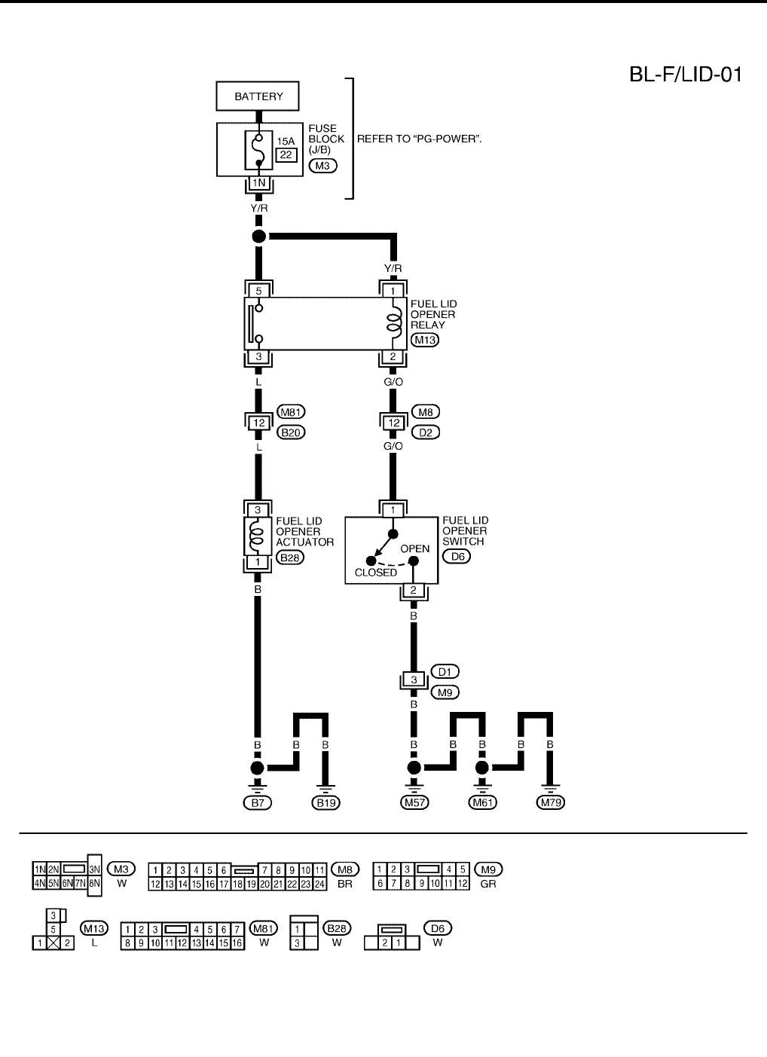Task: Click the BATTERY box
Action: (x=258, y=96)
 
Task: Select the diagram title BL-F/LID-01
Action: (x=686, y=75)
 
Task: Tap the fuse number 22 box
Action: (x=286, y=154)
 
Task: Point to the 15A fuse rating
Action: (x=286, y=141)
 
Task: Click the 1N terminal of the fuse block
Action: (x=258, y=183)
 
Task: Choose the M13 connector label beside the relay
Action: (x=426, y=340)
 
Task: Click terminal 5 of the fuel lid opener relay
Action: (x=258, y=289)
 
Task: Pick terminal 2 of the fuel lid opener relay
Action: (x=393, y=357)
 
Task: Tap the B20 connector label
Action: (x=291, y=432)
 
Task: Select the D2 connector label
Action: (x=426, y=432)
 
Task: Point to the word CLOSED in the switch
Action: (x=375, y=573)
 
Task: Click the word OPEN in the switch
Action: (x=414, y=548)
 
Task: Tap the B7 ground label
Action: (x=258, y=803)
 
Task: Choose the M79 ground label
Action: (x=550, y=803)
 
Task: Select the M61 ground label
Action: (x=482, y=803)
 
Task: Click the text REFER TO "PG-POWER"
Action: (x=419, y=139)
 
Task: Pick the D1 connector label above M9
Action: (x=445, y=671)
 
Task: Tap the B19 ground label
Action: (x=325, y=803)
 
